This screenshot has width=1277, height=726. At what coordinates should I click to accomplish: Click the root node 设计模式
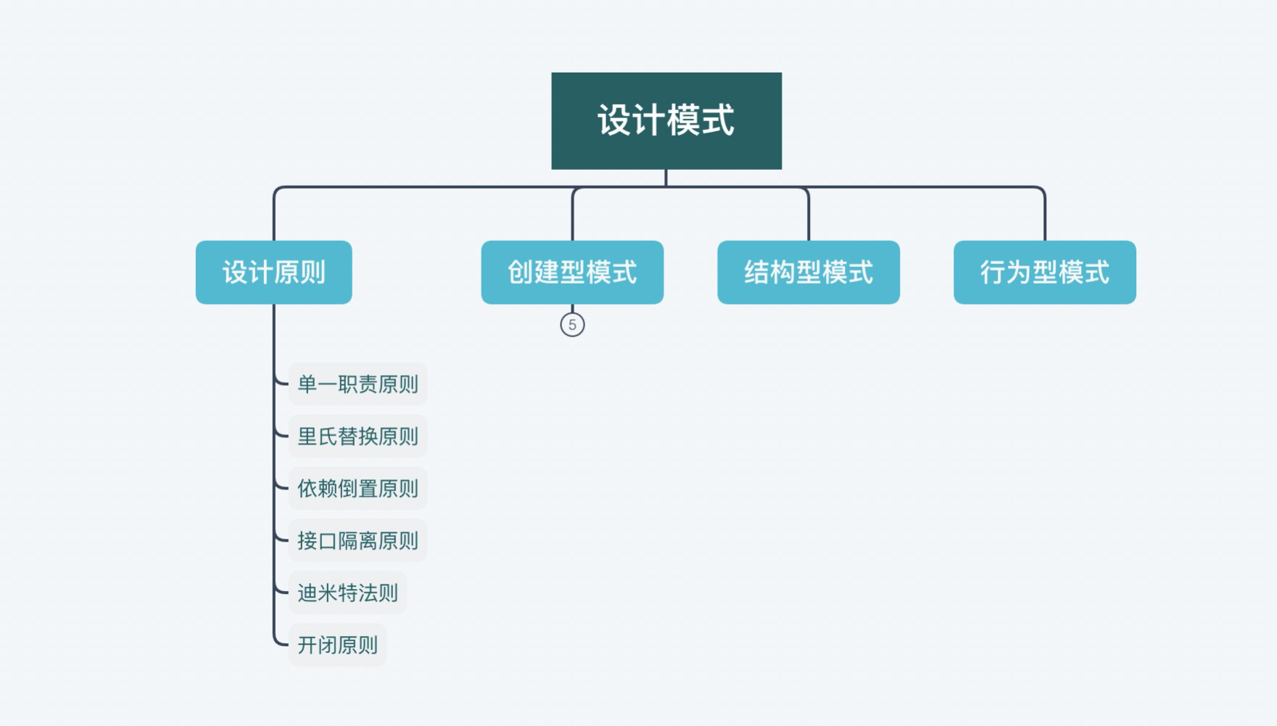click(666, 120)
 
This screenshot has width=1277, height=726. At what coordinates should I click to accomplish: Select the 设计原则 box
click(274, 272)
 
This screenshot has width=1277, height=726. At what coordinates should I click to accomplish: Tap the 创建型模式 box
click(572, 272)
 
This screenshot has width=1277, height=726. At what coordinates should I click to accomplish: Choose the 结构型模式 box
click(809, 272)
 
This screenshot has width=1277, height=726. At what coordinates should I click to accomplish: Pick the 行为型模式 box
click(1045, 272)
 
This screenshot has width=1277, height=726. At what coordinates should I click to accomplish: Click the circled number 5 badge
click(572, 325)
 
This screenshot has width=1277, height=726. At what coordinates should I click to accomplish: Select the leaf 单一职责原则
click(358, 384)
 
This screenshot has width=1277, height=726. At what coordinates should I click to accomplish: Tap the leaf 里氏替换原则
click(358, 436)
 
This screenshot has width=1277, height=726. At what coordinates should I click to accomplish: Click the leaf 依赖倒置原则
click(358, 488)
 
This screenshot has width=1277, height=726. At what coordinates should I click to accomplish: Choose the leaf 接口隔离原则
click(358, 540)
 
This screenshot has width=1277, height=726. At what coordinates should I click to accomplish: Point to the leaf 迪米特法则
click(347, 593)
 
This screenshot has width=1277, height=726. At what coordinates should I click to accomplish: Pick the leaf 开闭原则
click(337, 645)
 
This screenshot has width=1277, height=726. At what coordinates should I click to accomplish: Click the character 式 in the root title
click(718, 120)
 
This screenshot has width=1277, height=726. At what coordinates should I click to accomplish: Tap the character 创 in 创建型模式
click(520, 272)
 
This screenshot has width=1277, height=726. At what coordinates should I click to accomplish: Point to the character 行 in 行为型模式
click(993, 272)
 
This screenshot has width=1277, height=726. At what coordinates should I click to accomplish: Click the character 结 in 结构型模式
click(756, 272)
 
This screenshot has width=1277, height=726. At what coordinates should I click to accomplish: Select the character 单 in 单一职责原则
click(307, 384)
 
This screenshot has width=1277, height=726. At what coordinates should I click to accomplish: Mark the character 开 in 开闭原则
click(307, 645)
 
